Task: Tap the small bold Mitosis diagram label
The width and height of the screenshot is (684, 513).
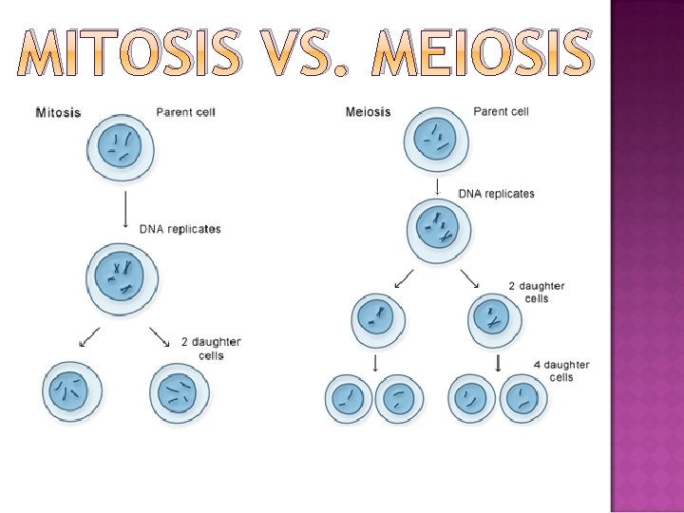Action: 58,113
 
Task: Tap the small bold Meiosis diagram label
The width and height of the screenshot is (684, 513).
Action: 368,112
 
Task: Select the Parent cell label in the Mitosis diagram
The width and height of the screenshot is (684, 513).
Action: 186,112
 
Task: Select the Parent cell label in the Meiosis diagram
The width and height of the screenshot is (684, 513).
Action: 501,111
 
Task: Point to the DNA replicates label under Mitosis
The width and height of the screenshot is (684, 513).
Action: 180,229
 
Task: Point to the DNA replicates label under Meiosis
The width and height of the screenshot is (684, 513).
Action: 497,194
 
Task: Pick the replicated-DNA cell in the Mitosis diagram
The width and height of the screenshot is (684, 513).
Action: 122,277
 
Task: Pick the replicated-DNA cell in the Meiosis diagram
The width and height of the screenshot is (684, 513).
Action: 437,230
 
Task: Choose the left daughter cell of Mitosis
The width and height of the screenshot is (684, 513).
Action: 71,390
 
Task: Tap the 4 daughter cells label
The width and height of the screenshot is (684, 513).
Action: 560,370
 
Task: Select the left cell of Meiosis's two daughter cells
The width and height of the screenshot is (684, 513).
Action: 378,320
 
